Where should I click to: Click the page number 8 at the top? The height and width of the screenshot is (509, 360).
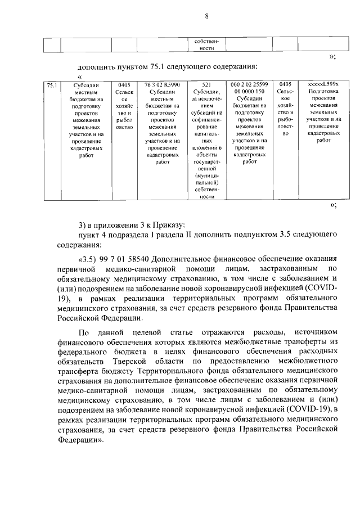[206, 16]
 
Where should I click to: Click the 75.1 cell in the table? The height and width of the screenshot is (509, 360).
[51, 85]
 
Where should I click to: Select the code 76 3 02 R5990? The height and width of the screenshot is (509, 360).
[162, 85]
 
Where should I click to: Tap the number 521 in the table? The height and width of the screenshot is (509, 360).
[206, 85]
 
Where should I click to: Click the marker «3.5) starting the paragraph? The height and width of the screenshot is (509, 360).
[88, 258]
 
